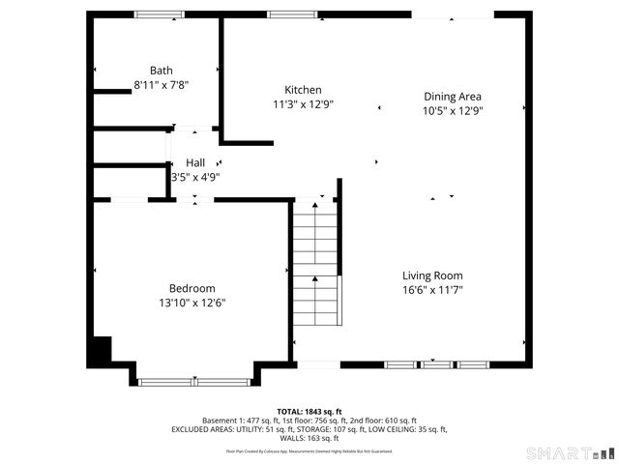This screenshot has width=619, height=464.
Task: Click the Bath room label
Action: coord(161,71)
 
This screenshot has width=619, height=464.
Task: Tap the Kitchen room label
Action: coord(296,90)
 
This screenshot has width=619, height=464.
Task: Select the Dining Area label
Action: coord(453,96)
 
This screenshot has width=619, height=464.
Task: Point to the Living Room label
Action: coord(432,275)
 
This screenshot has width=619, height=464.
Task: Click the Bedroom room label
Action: coord(192,288)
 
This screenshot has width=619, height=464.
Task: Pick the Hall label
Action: coord(195,162)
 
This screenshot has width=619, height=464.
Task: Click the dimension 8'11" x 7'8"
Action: coord(161,85)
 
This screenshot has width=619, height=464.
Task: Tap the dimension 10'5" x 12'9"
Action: coord(453,110)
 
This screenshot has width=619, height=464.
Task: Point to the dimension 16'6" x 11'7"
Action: coord(432,290)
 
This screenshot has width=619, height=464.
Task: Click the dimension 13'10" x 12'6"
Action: coord(192,303)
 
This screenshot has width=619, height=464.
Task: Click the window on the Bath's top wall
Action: coord(160,14)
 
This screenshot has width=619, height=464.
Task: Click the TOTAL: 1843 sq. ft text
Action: coord(309,411)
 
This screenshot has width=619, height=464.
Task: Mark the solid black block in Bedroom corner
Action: coord(100,351)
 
